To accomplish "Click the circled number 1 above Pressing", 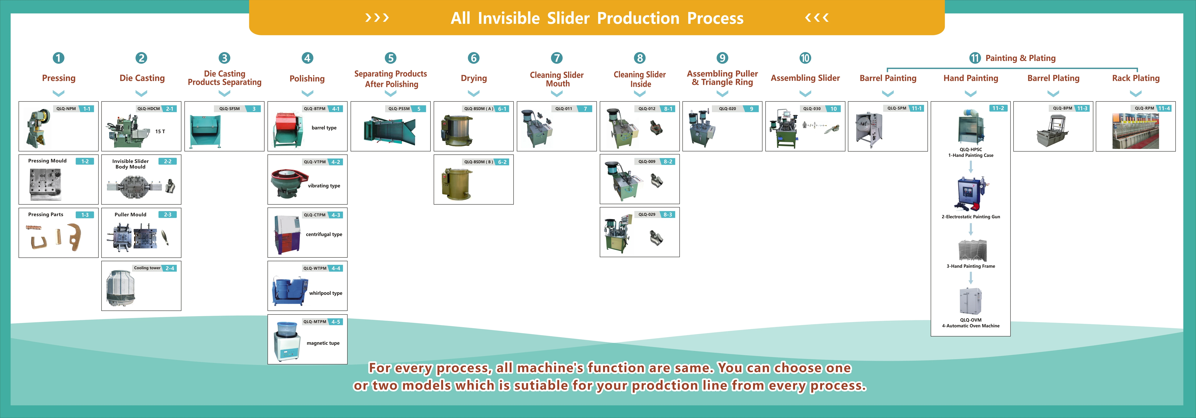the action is (x=58, y=58).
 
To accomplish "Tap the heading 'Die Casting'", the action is (x=142, y=78).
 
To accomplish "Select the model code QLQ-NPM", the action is (x=66, y=109).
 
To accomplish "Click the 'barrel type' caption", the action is (x=324, y=128).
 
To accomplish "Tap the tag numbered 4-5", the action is (x=336, y=321).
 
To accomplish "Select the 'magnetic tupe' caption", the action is (x=323, y=343).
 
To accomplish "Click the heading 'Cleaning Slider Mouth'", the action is (x=557, y=79).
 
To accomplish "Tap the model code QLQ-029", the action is (x=647, y=215).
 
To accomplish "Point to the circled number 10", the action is (x=805, y=58).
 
